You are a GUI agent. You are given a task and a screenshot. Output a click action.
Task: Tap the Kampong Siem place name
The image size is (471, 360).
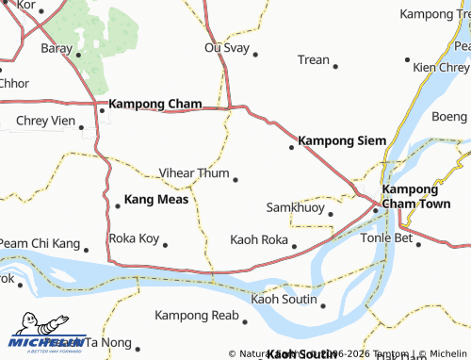point(342,140)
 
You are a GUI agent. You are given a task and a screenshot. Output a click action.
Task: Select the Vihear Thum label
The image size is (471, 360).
point(194,173)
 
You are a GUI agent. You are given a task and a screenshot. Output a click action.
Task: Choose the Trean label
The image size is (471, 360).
point(313,59)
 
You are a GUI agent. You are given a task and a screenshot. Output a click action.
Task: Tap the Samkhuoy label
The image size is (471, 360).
point(294,206)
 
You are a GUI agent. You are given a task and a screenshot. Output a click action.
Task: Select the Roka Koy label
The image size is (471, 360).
point(134,238)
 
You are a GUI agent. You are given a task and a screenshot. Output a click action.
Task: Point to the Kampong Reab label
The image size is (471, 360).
point(197,315)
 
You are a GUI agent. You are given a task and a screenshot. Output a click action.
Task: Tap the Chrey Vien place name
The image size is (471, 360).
point(44,121)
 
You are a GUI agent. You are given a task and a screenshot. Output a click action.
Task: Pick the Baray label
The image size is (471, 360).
point(56,47)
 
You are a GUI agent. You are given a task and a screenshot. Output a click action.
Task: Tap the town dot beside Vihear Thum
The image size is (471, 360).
point(235,179)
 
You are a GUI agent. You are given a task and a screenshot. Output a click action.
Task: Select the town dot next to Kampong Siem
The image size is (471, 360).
point(291,146)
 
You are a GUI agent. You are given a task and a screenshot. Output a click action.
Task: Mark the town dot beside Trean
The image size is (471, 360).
point(336,65)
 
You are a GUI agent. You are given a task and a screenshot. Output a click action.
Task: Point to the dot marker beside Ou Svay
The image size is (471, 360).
point(254,53)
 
